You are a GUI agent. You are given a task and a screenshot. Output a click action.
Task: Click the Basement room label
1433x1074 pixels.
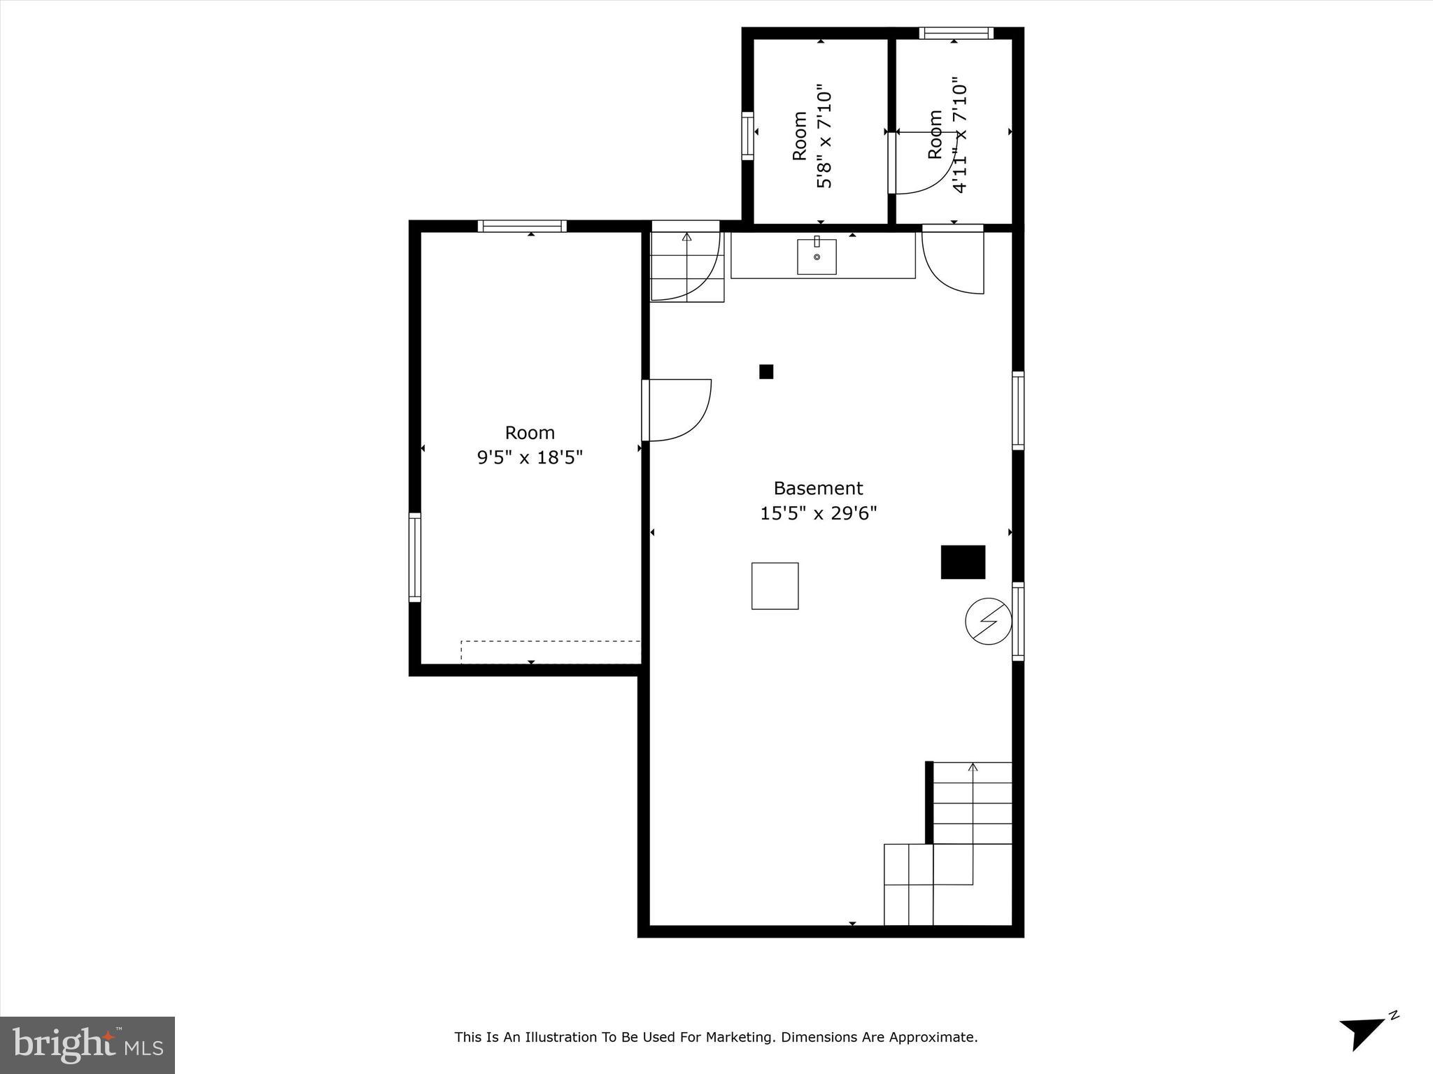[x=817, y=488]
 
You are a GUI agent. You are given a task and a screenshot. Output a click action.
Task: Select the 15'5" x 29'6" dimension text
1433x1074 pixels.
[x=818, y=514]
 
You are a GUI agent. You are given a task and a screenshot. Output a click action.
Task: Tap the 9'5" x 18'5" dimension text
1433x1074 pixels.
[x=530, y=458]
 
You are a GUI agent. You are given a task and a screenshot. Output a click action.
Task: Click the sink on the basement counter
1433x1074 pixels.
[x=817, y=257]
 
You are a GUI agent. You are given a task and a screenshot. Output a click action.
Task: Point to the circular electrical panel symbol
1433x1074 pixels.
[x=988, y=621]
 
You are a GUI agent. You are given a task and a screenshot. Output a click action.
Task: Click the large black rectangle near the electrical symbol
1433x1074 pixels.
[x=963, y=562]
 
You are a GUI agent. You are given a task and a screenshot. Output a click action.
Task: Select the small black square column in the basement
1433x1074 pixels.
[x=766, y=371]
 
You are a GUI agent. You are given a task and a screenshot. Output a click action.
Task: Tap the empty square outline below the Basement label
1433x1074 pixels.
[x=775, y=586]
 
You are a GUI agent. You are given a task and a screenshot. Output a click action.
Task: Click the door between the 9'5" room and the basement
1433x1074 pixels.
[x=675, y=410]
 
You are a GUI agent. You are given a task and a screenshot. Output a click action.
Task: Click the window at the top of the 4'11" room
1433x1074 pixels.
[x=956, y=33]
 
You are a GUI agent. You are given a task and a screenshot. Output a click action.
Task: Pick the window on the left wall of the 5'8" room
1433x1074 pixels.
[x=747, y=136]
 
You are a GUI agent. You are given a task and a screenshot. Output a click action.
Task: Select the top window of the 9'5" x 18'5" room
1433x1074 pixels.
[x=522, y=226]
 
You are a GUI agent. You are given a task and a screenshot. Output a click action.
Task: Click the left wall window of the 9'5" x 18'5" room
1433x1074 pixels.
[x=415, y=557]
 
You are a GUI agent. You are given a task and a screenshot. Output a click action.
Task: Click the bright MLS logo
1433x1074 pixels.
[x=87, y=1045]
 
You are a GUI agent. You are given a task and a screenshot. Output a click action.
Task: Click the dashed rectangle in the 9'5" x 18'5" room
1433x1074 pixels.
[x=551, y=652]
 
